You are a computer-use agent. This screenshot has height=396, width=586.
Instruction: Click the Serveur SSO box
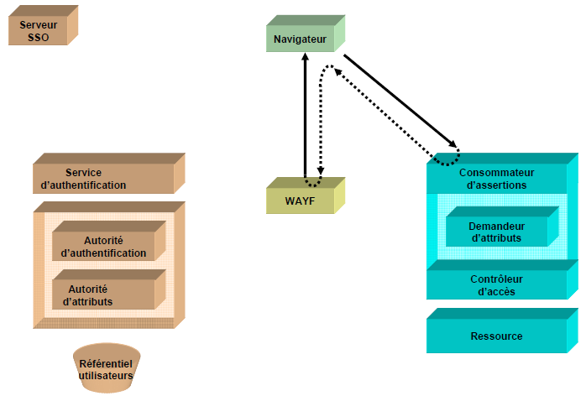pyautogui.click(x=38, y=31)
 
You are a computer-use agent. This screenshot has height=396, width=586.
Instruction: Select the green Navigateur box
pyautogui.click(x=300, y=39)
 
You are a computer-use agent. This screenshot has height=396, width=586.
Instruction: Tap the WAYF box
pyautogui.click(x=300, y=200)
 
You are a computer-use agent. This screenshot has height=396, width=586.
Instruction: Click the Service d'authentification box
pyautogui.click(x=102, y=179)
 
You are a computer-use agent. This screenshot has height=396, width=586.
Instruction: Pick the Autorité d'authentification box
pyautogui.click(x=103, y=247)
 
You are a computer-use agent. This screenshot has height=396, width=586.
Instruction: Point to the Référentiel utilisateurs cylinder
pyautogui.click(x=106, y=370)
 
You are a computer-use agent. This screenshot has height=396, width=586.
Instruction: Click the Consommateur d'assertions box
pyautogui.click(x=495, y=179)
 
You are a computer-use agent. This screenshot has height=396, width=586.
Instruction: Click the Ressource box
pyautogui.click(x=495, y=336)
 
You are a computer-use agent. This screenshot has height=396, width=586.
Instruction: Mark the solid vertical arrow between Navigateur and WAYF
pyautogui.click(x=305, y=117)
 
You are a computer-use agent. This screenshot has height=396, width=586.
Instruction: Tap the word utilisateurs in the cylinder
pyautogui.click(x=106, y=376)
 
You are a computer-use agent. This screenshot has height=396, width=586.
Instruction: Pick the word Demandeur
pyautogui.click(x=496, y=226)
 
